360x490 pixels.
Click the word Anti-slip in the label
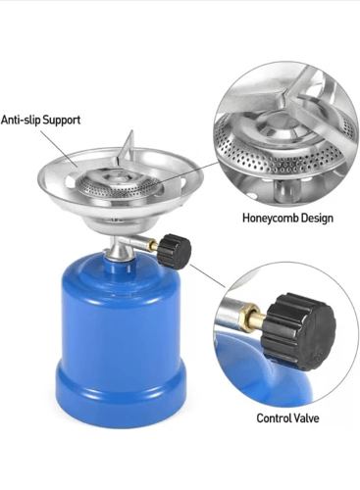[x=21, y=120]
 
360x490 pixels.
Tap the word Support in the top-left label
[x=62, y=121]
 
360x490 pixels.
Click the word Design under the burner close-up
[x=317, y=218]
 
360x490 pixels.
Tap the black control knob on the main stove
[x=174, y=251]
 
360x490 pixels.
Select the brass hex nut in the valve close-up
[x=248, y=318]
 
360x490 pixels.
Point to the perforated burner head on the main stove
[x=119, y=184]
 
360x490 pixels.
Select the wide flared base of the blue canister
[x=121, y=394]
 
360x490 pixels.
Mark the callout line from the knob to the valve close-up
[x=207, y=275]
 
